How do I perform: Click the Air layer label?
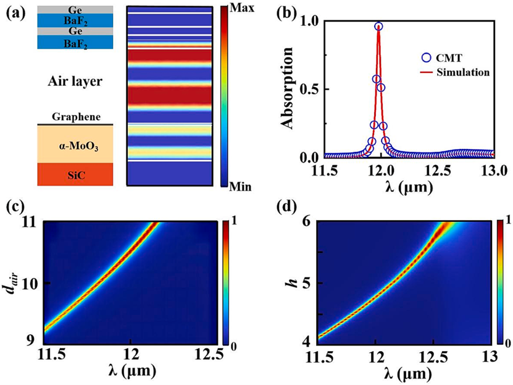coord(74,81)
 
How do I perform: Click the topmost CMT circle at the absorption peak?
coord(378,27)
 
